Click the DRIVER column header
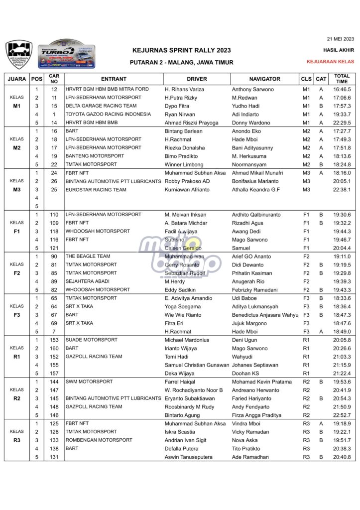click(197, 79)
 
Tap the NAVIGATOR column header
click(264, 79)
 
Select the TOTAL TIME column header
click(342, 79)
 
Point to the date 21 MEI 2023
click(340, 38)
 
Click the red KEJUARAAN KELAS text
click(330, 61)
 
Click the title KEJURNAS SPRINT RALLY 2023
click(181, 50)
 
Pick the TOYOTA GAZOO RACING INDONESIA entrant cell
click(108, 114)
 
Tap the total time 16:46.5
click(342, 89)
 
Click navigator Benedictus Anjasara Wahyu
click(265, 315)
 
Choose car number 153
click(54, 340)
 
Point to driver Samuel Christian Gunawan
click(197, 365)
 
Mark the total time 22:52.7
click(342, 415)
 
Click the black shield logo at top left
click(19, 54)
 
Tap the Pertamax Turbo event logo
click(67, 54)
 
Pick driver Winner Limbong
click(185, 164)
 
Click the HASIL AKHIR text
click(339, 50)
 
